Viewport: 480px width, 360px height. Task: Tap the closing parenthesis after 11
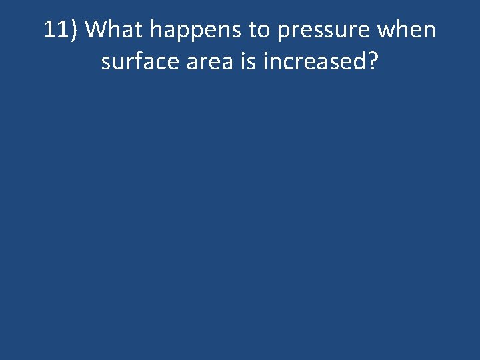(x=75, y=31)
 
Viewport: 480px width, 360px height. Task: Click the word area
(x=209, y=63)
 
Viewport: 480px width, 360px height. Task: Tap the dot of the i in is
(x=246, y=53)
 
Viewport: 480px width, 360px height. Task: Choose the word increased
(x=313, y=61)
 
